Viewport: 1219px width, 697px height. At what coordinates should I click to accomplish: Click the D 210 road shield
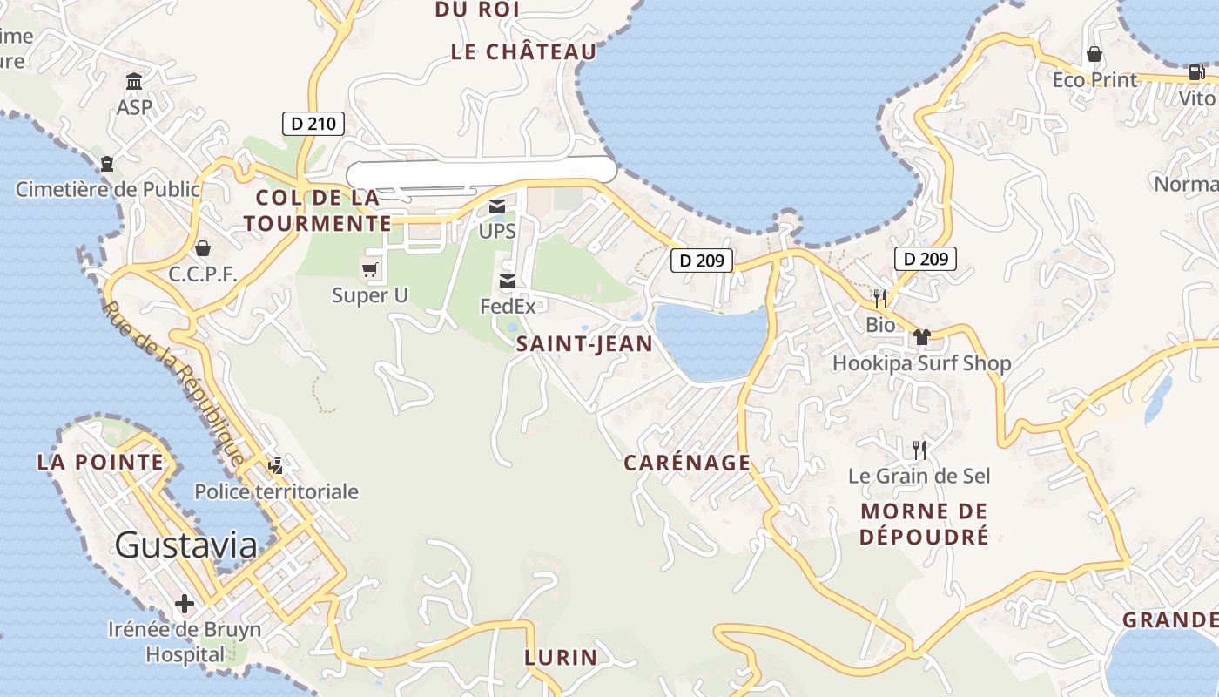(x=313, y=124)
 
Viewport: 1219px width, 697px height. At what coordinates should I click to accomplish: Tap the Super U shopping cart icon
(x=370, y=269)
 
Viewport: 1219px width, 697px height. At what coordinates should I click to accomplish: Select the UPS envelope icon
(x=497, y=206)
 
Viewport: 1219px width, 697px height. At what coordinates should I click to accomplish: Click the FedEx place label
(x=508, y=306)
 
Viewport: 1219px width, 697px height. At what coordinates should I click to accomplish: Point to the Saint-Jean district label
(x=584, y=344)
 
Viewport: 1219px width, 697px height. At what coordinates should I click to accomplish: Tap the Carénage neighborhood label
(x=687, y=463)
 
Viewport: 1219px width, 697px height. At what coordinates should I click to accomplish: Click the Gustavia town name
(x=186, y=545)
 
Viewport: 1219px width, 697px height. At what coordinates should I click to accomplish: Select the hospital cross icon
(x=184, y=603)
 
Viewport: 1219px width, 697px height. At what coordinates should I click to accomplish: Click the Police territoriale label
(x=276, y=491)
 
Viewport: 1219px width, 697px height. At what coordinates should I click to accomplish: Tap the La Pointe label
(x=100, y=462)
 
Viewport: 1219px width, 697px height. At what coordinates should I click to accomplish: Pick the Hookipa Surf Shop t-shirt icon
(x=922, y=337)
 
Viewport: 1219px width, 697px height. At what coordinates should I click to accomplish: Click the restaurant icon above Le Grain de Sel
(x=919, y=450)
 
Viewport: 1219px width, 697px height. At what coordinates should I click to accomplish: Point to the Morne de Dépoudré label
(x=924, y=523)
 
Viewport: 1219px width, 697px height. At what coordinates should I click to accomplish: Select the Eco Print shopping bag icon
(x=1094, y=55)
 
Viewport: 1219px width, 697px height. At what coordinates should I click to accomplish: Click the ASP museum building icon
(x=134, y=82)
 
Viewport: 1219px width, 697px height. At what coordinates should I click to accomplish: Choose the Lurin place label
(x=561, y=657)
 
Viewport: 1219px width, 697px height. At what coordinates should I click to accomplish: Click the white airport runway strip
(x=482, y=172)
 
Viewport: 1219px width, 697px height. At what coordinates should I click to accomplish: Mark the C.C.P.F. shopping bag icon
(x=203, y=248)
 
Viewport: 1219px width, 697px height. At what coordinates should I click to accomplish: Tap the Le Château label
(x=524, y=51)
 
